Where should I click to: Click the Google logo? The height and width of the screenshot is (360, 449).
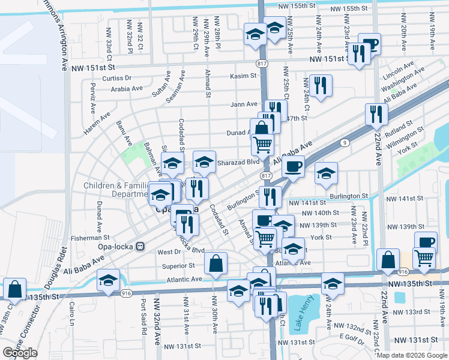coord(20,353)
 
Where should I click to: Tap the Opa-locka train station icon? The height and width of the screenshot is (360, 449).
coord(140,246)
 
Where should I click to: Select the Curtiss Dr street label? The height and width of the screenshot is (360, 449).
coord(116,78)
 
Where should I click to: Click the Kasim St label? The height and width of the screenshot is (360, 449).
coord(244,76)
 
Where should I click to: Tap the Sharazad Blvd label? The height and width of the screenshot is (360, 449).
coord(238,161)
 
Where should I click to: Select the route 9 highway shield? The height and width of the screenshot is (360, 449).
coord(344,142)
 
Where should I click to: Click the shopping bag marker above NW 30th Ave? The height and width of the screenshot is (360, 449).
coord(216,263)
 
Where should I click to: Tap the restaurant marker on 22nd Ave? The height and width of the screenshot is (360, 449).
coord(376,114)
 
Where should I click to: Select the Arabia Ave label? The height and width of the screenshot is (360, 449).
coord(127,88)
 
